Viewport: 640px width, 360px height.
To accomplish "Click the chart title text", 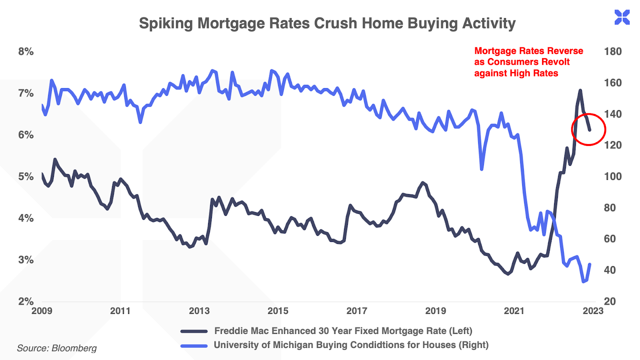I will [x=327, y=23].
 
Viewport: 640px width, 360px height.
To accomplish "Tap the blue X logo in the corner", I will [x=622, y=18].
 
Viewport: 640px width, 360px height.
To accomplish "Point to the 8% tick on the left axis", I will [x=26, y=52].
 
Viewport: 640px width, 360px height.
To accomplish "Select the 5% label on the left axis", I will [x=26, y=176].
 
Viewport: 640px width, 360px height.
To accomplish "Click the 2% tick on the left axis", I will [x=26, y=301].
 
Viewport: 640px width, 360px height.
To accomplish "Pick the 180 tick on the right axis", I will [x=613, y=52].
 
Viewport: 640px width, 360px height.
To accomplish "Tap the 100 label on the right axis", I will [x=613, y=176].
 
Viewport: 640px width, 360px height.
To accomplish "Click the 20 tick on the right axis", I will [x=610, y=301].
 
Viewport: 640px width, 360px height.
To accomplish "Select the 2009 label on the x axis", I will [x=42, y=311].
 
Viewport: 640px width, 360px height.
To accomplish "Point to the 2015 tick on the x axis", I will [x=278, y=311].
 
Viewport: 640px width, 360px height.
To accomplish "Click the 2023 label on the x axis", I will [x=593, y=311].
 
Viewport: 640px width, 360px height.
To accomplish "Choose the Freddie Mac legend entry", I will [x=343, y=331].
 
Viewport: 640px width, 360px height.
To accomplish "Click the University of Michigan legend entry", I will [x=351, y=345].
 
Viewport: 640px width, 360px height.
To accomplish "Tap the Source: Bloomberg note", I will [x=57, y=348].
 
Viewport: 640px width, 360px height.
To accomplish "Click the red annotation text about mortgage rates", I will [x=528, y=62].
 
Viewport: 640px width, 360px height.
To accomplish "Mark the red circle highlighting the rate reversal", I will [x=588, y=129].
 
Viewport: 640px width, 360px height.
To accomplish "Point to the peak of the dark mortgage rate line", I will [x=580, y=90].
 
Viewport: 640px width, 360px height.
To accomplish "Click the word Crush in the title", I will [x=336, y=23].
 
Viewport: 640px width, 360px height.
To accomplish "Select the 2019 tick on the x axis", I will [x=436, y=311].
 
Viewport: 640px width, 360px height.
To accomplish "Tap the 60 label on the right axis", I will [x=610, y=239].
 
